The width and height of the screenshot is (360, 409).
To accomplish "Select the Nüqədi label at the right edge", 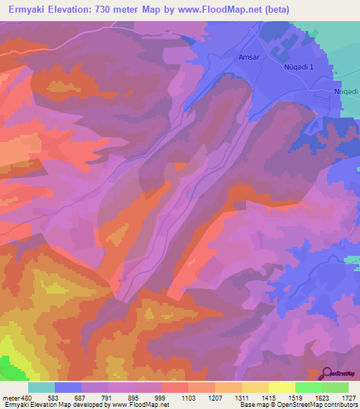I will (346, 91).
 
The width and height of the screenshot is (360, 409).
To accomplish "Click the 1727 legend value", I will (348, 398).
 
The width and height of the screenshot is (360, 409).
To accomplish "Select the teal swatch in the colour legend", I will (41, 387).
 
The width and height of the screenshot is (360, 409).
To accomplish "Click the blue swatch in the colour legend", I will (68, 387).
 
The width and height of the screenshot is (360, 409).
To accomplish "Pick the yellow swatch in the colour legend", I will (282, 387).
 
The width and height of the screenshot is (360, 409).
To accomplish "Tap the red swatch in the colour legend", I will (175, 387).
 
